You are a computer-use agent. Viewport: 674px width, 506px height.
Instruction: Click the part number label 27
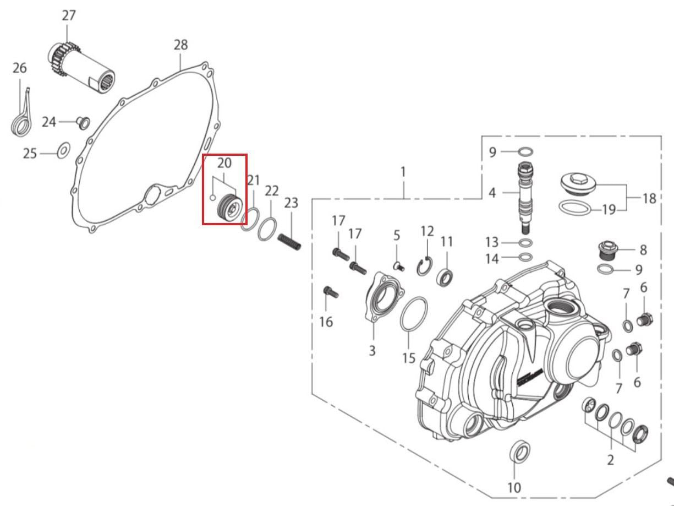click(68, 15)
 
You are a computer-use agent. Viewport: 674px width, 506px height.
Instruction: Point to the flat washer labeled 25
click(64, 150)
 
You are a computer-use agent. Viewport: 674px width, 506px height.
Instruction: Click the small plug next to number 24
click(83, 123)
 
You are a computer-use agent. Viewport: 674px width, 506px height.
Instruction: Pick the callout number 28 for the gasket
click(180, 45)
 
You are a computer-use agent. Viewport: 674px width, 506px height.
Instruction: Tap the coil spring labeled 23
click(289, 242)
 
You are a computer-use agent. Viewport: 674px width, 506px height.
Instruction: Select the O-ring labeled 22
click(267, 229)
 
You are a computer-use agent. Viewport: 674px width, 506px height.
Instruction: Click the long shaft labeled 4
click(525, 198)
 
